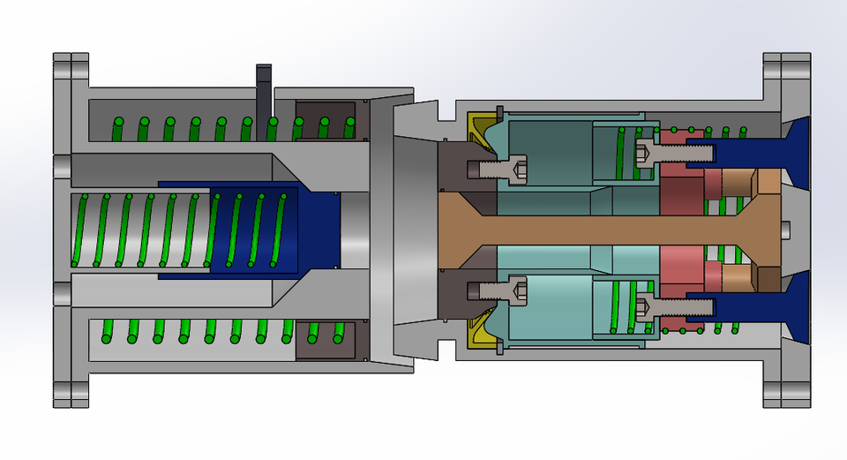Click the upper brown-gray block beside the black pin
[325, 119]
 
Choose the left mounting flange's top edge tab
[71, 66]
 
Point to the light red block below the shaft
[680, 269]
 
